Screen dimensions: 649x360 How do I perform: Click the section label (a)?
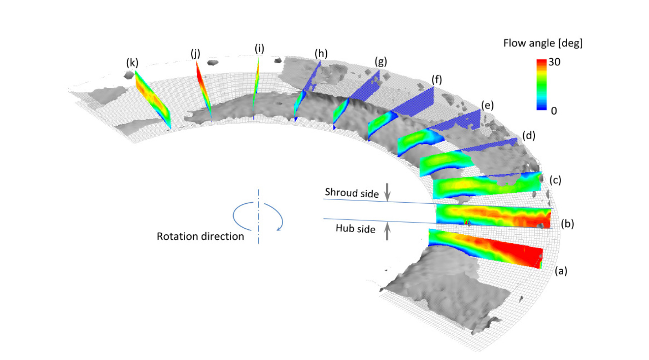[561, 271]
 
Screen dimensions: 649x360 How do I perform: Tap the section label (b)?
[567, 224]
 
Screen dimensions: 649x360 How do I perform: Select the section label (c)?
[555, 180]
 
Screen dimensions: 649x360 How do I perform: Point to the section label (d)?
[529, 136]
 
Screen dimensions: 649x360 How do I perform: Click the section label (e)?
[487, 105]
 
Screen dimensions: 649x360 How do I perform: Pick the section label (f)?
[437, 80]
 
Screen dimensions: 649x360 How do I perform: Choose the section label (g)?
[381, 62]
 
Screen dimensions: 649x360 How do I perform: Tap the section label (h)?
[321, 54]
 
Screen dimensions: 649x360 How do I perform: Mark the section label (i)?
[259, 49]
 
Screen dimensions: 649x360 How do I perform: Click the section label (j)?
[195, 54]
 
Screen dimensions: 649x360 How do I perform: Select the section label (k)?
[132, 63]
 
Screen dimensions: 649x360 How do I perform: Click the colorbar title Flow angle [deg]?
[543, 44]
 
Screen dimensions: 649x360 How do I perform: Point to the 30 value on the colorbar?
[554, 62]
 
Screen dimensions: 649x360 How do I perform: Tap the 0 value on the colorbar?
[554, 111]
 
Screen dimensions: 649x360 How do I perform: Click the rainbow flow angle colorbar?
[541, 85]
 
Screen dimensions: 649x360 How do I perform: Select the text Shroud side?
[352, 193]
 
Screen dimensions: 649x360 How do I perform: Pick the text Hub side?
[355, 229]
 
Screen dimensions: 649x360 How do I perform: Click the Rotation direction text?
[200, 237]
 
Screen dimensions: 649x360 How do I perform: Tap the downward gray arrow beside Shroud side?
[387, 192]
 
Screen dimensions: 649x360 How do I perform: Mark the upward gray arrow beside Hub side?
[387, 231]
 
